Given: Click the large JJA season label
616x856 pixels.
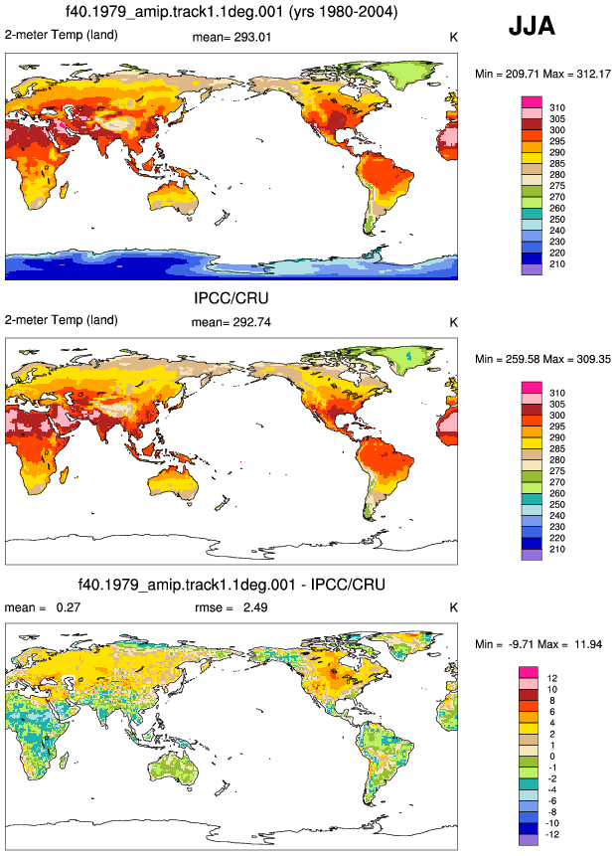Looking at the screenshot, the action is [532, 26].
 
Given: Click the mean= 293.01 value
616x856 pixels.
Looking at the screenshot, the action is [231, 37].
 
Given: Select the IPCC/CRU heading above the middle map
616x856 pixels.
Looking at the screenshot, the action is [231, 298].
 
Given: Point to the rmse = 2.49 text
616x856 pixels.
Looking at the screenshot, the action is [231, 607].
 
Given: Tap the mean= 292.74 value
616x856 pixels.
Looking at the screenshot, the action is [231, 322].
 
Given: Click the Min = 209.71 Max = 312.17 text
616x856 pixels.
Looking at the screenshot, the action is [542, 74].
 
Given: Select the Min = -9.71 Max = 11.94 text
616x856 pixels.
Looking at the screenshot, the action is [539, 644].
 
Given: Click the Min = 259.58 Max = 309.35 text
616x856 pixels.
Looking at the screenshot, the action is [542, 359].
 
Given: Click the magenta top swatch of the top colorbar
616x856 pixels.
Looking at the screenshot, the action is [532, 102].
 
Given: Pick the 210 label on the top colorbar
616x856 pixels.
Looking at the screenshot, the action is [557, 264].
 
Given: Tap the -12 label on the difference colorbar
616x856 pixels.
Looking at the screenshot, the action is [552, 834].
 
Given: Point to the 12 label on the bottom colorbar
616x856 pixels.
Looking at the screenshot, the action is [552, 678].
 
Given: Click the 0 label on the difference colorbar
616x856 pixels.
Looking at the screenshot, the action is [552, 757].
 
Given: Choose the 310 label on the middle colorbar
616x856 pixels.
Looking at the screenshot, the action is [557, 393].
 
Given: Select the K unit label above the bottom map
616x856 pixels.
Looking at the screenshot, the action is [453, 607].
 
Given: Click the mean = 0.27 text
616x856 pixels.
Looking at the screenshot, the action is [43, 607].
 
